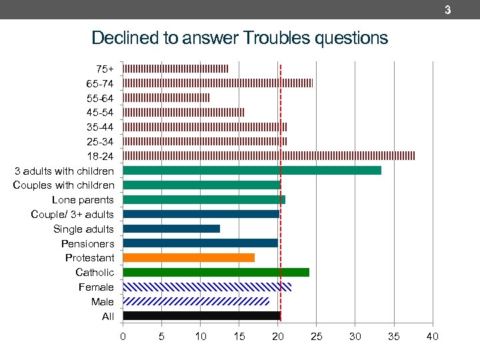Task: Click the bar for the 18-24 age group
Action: [269, 156]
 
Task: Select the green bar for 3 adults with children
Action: [252, 170]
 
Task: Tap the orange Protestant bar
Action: [189, 257]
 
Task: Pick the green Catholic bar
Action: [216, 272]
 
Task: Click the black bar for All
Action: [202, 316]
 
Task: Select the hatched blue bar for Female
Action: [207, 287]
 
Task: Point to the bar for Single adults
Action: [171, 229]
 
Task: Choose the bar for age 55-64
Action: [166, 97]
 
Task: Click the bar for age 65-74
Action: [217, 83]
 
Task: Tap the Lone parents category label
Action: [83, 200]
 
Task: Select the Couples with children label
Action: [63, 185]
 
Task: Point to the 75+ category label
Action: [105, 69]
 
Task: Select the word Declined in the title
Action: [123, 38]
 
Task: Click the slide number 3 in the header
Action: [447, 10]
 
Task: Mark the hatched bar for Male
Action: [196, 301]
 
